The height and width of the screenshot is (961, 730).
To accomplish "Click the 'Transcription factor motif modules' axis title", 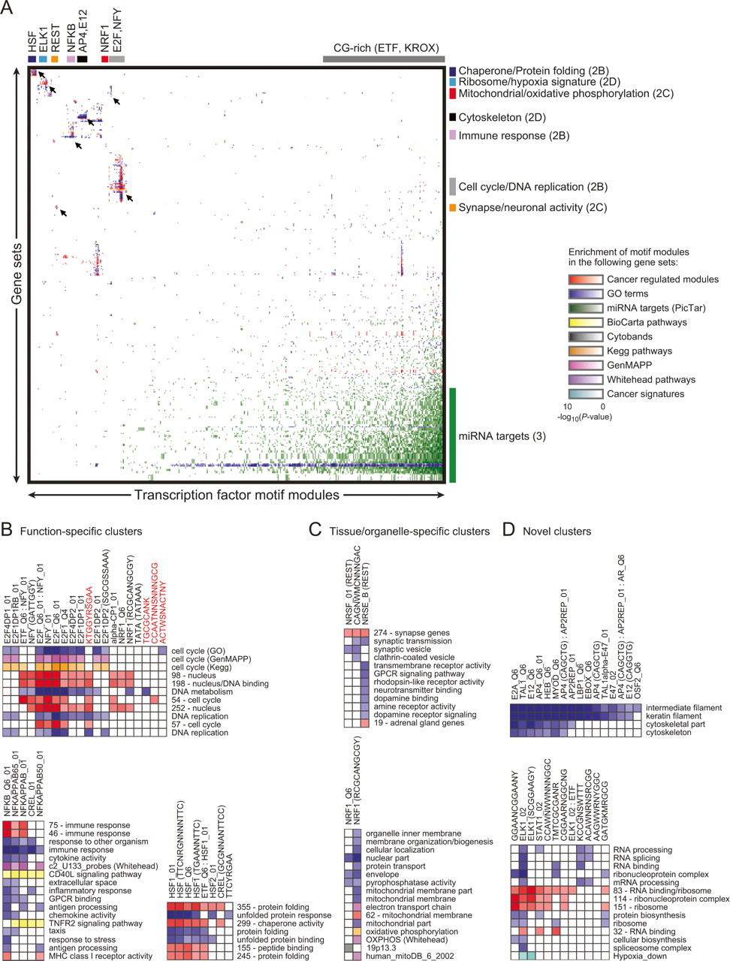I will click(237, 495).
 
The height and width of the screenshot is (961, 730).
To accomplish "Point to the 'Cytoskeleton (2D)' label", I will click(502, 117).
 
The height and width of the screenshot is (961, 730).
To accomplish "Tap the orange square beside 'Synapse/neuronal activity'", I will click(453, 207).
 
